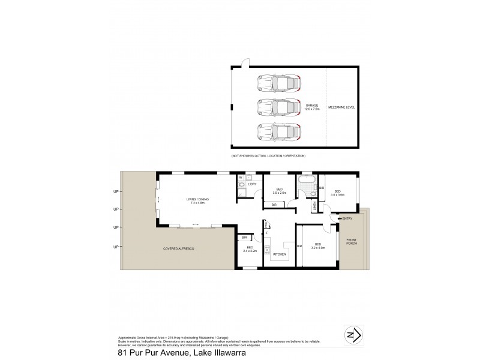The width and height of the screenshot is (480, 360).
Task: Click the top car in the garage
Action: [x=278, y=82]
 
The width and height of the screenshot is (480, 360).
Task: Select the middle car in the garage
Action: [x=278, y=107]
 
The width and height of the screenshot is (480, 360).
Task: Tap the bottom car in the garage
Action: [x=278, y=131]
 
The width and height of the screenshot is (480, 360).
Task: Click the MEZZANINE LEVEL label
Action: [x=341, y=106]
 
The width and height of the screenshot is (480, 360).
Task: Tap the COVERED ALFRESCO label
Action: [x=181, y=248]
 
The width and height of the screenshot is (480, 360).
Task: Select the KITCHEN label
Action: [x=280, y=254]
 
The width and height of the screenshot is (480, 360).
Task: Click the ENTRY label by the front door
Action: [x=347, y=219]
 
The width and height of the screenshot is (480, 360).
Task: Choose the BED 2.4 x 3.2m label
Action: [x=250, y=249]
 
